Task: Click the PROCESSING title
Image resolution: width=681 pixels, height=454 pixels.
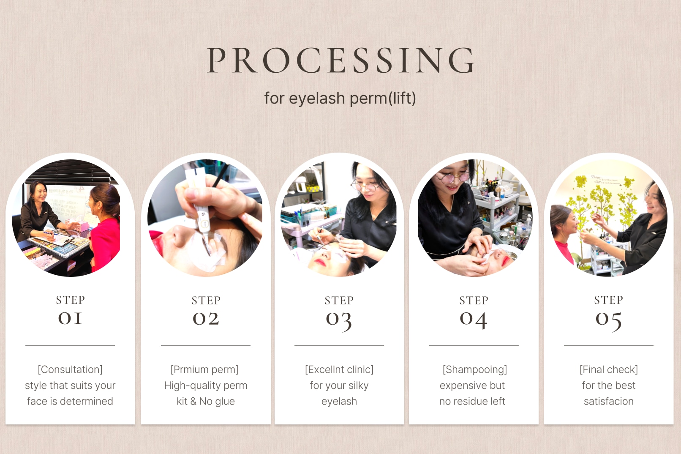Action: pyautogui.click(x=340, y=60)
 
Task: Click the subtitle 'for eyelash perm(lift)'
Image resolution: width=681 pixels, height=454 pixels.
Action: pyautogui.click(x=340, y=98)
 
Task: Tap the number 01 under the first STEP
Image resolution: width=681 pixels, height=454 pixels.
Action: pyautogui.click(x=70, y=318)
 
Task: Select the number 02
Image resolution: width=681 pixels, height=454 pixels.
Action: pyautogui.click(x=206, y=319)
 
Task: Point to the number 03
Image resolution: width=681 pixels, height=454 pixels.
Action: pyautogui.click(x=339, y=321)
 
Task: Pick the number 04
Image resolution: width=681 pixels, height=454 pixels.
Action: pyautogui.click(x=473, y=320)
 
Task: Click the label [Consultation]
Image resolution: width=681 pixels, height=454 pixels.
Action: pyautogui.click(x=70, y=369)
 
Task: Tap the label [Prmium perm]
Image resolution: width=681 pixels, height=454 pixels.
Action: pyautogui.click(x=204, y=369)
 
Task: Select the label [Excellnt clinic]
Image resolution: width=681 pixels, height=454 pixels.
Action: pyautogui.click(x=339, y=369)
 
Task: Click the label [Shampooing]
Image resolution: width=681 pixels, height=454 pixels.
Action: pyautogui.click(x=474, y=369)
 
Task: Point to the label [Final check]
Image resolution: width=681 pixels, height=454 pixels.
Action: pyautogui.click(x=609, y=369)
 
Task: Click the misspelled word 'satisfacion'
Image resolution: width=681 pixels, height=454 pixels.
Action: pyautogui.click(x=609, y=401)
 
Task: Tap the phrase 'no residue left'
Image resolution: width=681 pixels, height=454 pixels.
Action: pyautogui.click(x=472, y=401)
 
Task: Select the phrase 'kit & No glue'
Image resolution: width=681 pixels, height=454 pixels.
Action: pyautogui.click(x=206, y=401)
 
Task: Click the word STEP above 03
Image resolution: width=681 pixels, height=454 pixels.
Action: pyautogui.click(x=339, y=300)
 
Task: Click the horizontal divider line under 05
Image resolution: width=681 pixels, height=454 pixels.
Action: pyautogui.click(x=609, y=345)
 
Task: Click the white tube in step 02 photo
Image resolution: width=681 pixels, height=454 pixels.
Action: pyautogui.click(x=199, y=207)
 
